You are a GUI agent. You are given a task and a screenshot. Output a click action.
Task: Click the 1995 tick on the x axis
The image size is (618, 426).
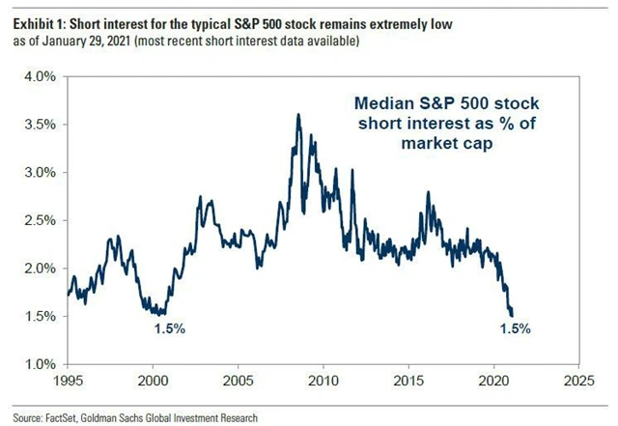pyautogui.click(x=68, y=380)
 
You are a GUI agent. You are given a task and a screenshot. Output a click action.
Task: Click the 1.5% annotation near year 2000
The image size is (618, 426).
pyautogui.click(x=169, y=329)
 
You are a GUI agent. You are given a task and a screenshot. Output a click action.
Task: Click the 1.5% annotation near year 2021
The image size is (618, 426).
pyautogui.click(x=516, y=328)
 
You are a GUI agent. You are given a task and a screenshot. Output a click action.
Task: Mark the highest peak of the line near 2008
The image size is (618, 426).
pyautogui.click(x=297, y=115)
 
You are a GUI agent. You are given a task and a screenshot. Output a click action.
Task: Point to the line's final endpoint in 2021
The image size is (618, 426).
pyautogui.click(x=512, y=315)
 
